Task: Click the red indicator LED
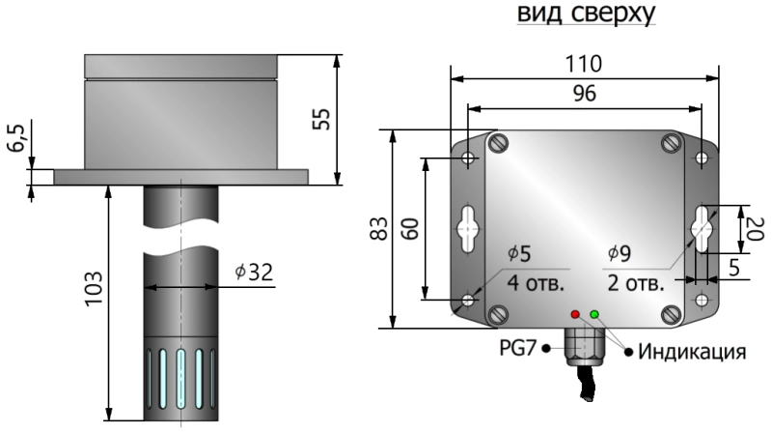click(575, 314)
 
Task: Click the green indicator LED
click(594, 314)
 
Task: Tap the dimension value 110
click(583, 64)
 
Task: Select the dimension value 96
click(585, 93)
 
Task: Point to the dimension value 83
click(379, 229)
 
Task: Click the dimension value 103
click(94, 289)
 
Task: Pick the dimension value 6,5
click(16, 138)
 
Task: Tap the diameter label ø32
click(254, 272)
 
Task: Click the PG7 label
click(517, 348)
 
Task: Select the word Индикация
click(692, 352)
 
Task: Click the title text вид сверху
click(586, 13)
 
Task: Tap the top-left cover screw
click(498, 143)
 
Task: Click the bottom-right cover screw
click(671, 314)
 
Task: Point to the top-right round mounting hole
click(702, 158)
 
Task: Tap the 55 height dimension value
click(322, 119)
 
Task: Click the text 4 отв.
click(536, 283)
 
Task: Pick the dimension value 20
click(755, 228)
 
